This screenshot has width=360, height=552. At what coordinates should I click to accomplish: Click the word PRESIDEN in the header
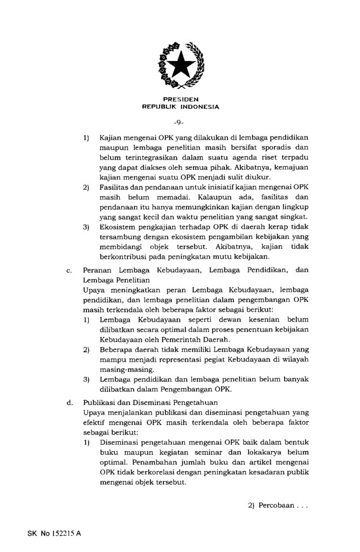point(180,99)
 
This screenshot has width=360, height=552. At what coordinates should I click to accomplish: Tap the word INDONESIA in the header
point(200,107)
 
